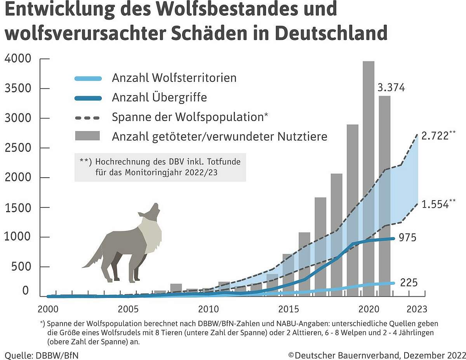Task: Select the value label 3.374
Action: click(x=391, y=88)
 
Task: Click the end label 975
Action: click(x=407, y=237)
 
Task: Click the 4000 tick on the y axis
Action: click(x=17, y=59)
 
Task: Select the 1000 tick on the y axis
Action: click(x=17, y=237)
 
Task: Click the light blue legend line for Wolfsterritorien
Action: click(x=88, y=78)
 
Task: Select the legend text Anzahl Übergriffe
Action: click(x=159, y=97)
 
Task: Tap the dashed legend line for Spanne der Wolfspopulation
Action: click(x=88, y=117)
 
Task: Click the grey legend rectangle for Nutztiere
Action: click(x=88, y=136)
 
